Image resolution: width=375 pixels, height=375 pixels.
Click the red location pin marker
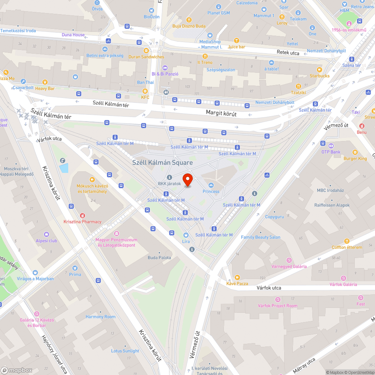187,179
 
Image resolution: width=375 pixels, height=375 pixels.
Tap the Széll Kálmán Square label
162,162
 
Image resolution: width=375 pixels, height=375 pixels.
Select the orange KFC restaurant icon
145,91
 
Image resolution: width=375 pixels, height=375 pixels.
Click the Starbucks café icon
319,69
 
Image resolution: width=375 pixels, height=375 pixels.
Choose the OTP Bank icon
331,145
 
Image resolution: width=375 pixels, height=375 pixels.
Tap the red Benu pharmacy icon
362,126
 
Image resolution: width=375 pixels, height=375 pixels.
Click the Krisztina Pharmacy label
82,222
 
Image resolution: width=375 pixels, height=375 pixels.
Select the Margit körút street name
221,113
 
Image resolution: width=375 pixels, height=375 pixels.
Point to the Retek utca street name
288,53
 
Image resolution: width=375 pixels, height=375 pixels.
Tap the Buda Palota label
159,258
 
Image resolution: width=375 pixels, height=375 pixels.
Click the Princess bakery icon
211,185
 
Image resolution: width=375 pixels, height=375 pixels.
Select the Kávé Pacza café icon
237,277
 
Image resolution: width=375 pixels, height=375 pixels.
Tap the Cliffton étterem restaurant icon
347,241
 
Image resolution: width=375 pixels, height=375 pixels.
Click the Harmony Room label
100,317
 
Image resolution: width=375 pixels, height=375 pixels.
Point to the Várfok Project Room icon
277,299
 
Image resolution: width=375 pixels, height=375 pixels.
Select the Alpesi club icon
46,234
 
